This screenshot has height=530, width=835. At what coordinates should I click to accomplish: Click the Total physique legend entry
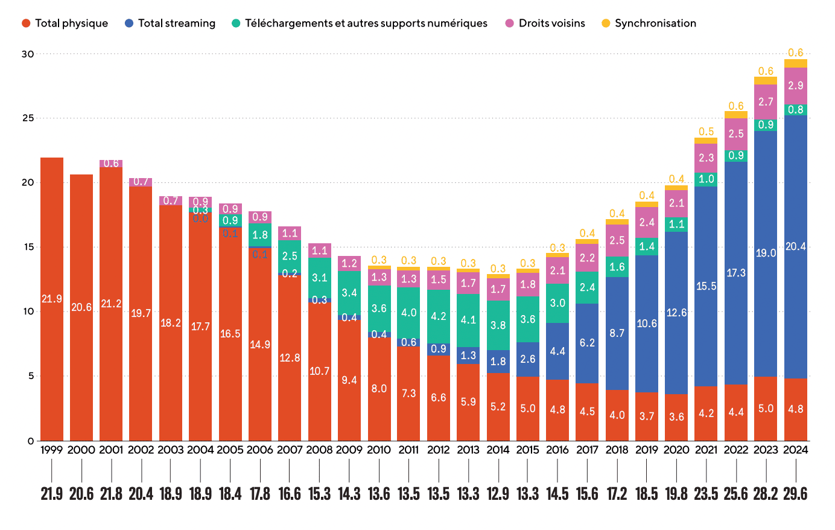(x=65, y=24)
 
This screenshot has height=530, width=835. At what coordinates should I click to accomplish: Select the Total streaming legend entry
(x=170, y=24)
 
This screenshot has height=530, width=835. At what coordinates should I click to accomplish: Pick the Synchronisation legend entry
(x=649, y=24)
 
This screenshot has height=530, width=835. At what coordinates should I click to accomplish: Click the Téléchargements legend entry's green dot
(x=236, y=24)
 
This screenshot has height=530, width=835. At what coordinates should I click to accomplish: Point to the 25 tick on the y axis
(x=28, y=118)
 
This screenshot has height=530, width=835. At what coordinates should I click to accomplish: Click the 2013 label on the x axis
(x=468, y=450)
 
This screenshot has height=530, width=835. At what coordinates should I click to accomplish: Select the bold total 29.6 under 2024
(x=795, y=494)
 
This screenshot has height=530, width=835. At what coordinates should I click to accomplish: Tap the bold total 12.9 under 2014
(x=498, y=494)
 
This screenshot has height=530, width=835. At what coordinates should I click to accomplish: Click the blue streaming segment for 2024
(x=795, y=246)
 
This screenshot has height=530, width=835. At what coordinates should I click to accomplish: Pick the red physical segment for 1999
(x=52, y=299)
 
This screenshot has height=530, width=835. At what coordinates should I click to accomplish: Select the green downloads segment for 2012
(x=439, y=316)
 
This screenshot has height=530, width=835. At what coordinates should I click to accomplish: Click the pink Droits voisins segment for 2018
(x=617, y=240)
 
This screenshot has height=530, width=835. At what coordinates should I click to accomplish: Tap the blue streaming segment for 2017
(x=587, y=343)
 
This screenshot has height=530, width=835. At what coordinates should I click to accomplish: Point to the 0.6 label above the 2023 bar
(x=766, y=71)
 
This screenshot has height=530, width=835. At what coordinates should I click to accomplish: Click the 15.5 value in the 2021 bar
(x=706, y=286)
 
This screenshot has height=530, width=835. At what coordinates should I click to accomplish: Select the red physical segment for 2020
(x=676, y=417)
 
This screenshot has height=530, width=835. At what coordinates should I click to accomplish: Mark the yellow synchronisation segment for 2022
(x=736, y=115)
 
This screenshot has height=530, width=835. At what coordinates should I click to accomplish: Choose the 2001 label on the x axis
(x=111, y=450)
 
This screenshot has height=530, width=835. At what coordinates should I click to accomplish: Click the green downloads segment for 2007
(x=290, y=256)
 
